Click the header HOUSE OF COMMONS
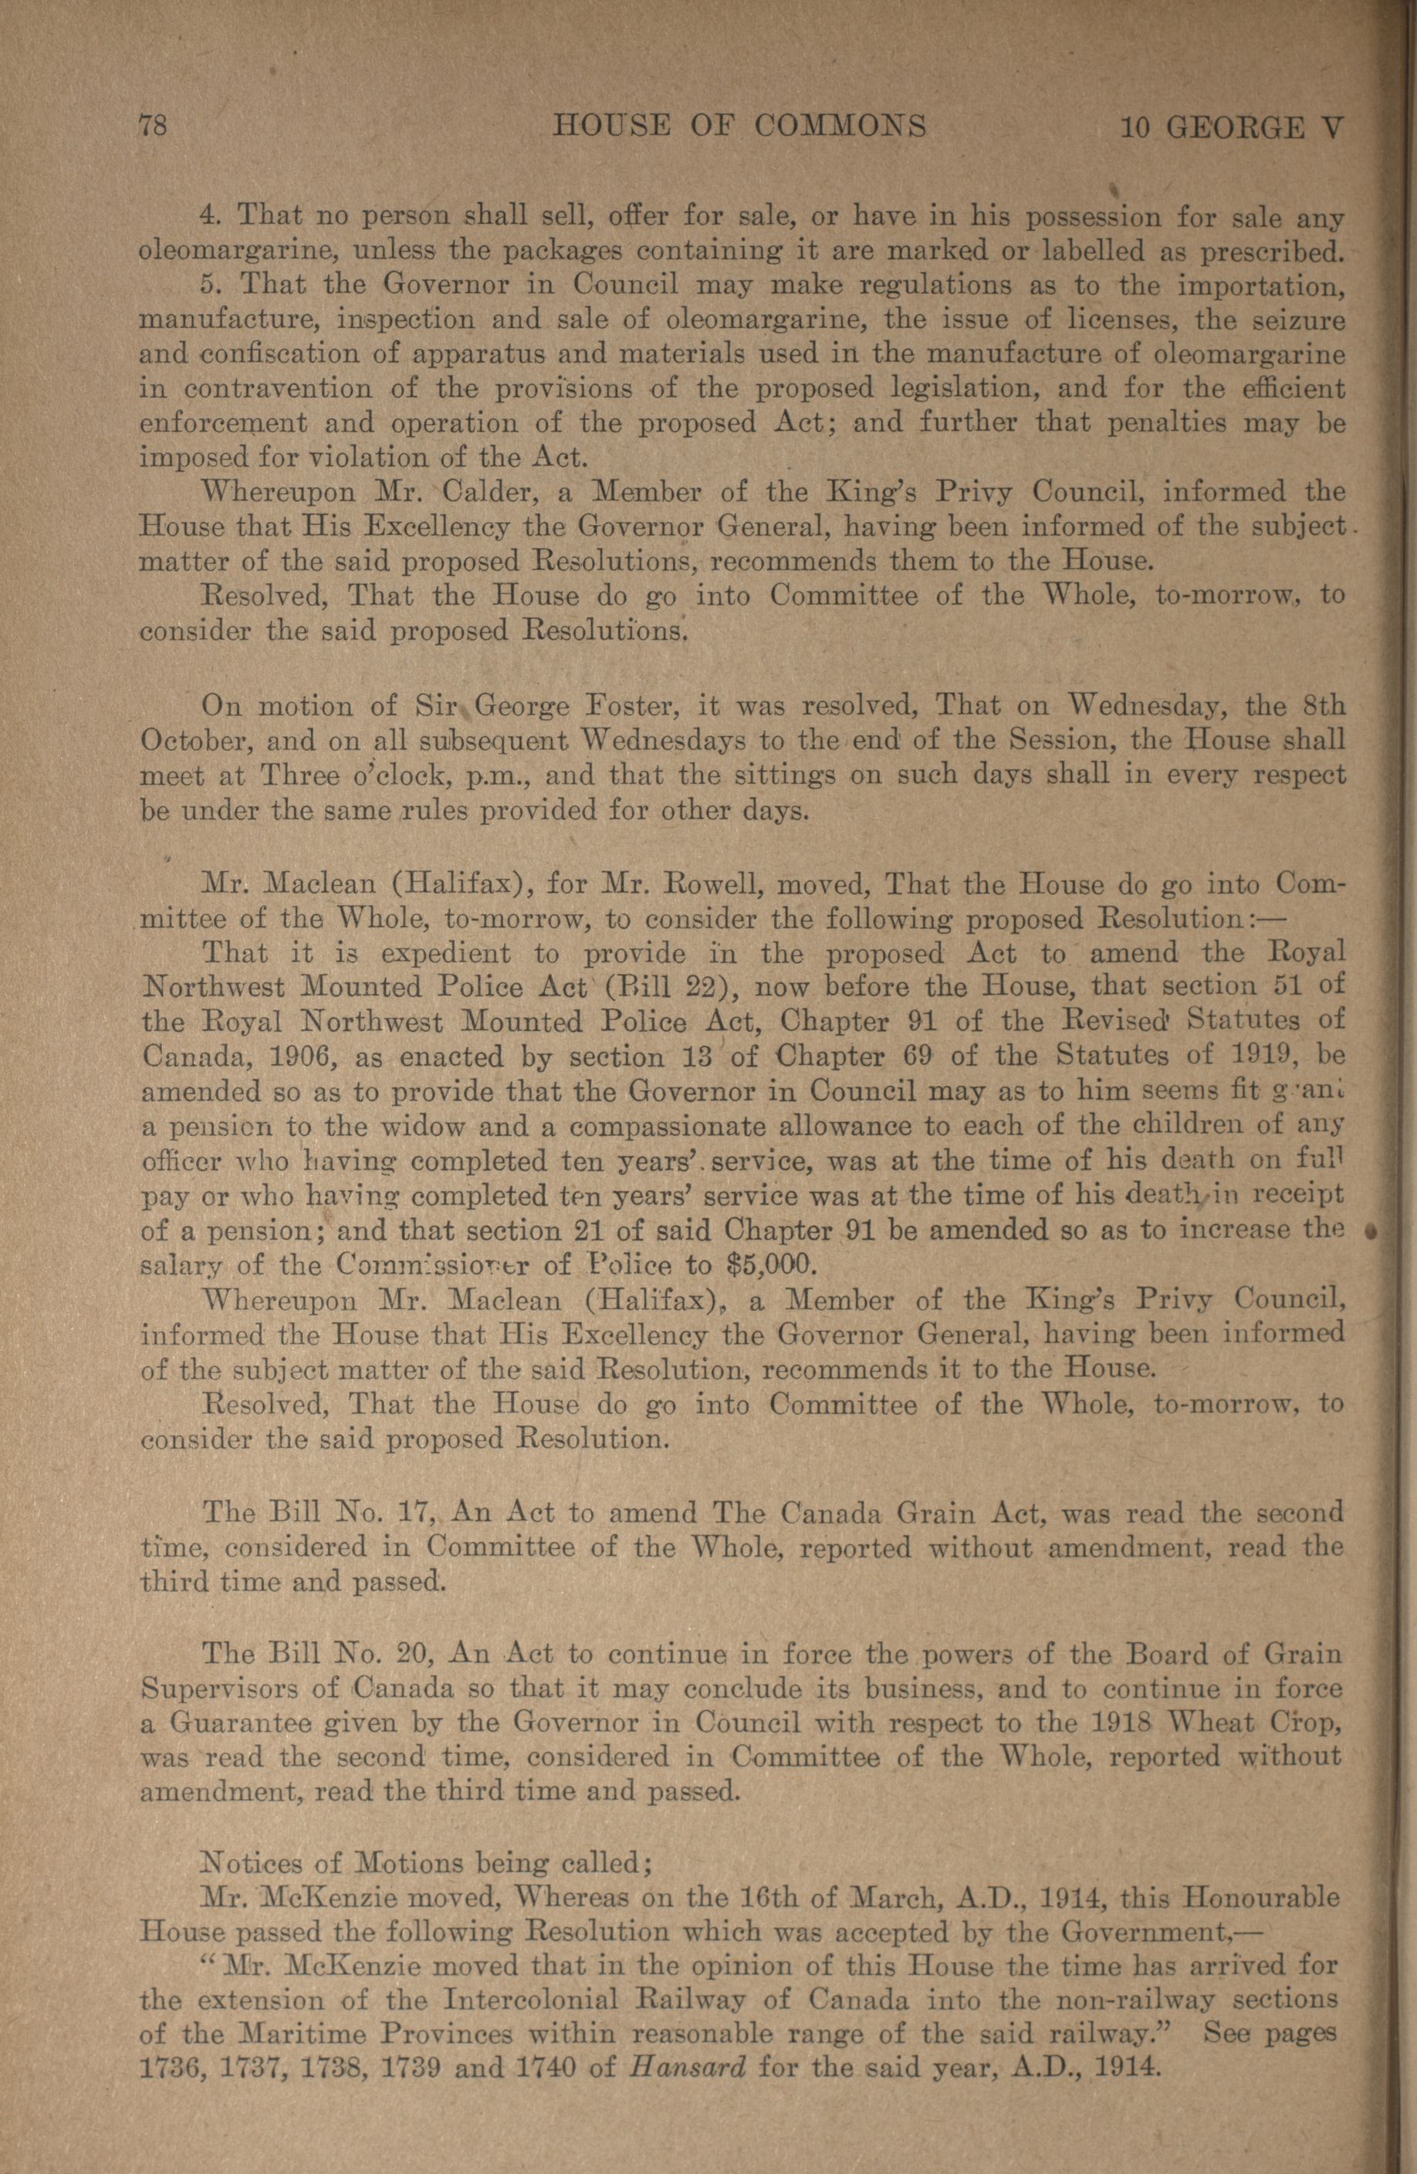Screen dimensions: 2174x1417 tap(740, 125)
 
